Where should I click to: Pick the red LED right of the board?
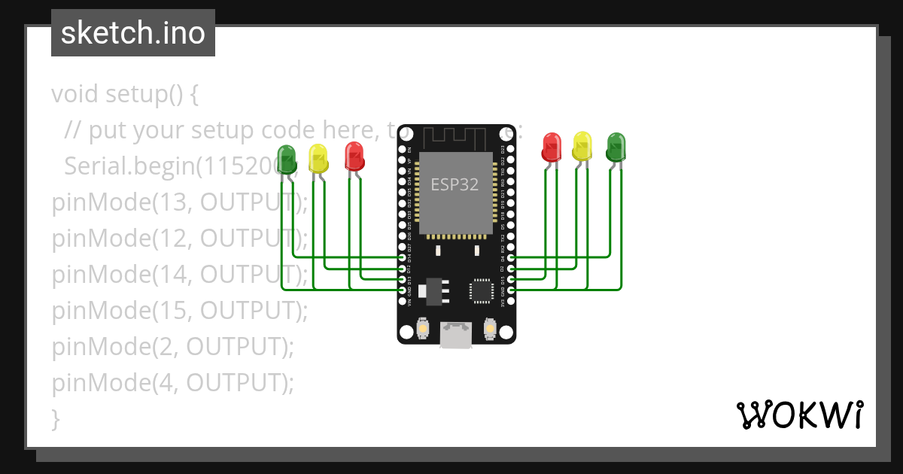pyautogui.click(x=552, y=147)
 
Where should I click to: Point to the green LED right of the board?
pyautogui.click(x=616, y=147)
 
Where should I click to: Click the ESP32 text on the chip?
pyautogui.click(x=455, y=184)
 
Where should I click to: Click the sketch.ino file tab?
pyautogui.click(x=133, y=33)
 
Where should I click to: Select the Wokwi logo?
pyautogui.click(x=799, y=415)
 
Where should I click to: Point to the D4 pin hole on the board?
pyautogui.click(x=511, y=257)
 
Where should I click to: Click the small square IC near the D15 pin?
pyautogui.click(x=481, y=290)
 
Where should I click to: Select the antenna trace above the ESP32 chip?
pyautogui.click(x=455, y=138)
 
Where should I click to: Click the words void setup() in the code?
pyautogui.click(x=124, y=95)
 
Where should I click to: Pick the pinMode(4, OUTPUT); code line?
pyautogui.click(x=172, y=383)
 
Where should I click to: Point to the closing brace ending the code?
pyautogui.click(x=55, y=418)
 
